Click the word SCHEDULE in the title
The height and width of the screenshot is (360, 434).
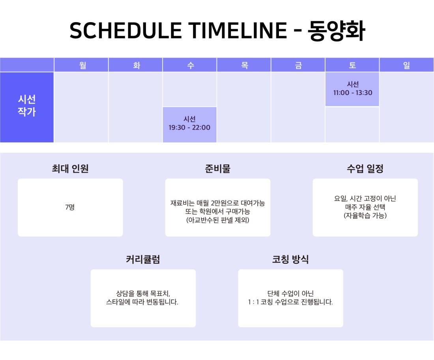(x=125, y=30)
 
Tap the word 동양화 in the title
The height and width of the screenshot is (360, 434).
(x=336, y=30)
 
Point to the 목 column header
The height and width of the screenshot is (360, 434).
(x=244, y=65)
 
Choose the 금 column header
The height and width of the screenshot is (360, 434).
(x=298, y=65)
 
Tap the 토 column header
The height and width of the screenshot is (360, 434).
(x=352, y=65)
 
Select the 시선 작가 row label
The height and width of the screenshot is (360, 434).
(x=27, y=105)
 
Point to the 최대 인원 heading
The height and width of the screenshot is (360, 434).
(x=70, y=168)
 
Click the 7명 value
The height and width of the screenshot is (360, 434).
(x=70, y=207)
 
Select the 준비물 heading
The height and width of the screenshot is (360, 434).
(x=218, y=168)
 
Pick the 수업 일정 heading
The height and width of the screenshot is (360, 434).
(x=365, y=168)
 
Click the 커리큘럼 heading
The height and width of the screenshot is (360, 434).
(x=143, y=259)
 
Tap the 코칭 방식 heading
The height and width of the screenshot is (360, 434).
(x=290, y=259)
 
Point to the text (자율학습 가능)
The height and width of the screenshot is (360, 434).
(x=365, y=216)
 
